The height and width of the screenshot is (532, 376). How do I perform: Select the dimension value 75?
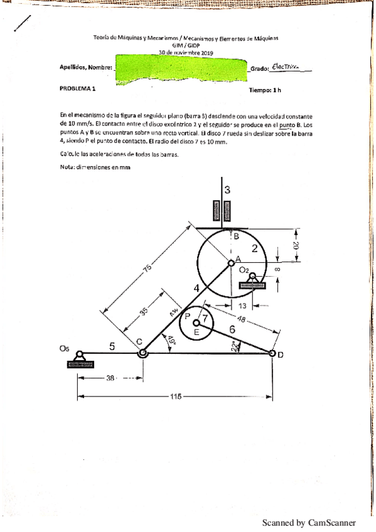pos(147,269)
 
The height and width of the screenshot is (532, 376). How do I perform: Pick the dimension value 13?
pos(242,306)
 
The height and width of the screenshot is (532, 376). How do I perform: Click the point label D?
pos(280,355)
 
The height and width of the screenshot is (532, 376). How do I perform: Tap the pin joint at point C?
pos(143,353)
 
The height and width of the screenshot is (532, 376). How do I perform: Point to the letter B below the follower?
pos(236,237)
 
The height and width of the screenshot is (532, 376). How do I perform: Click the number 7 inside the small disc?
pos(204,317)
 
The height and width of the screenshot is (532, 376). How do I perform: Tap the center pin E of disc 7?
pos(196,322)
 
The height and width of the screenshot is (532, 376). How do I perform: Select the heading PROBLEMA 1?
pos(78,89)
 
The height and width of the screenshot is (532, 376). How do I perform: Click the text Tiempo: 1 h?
pos(265,90)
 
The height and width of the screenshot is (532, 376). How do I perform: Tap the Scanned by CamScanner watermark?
pos(308,522)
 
